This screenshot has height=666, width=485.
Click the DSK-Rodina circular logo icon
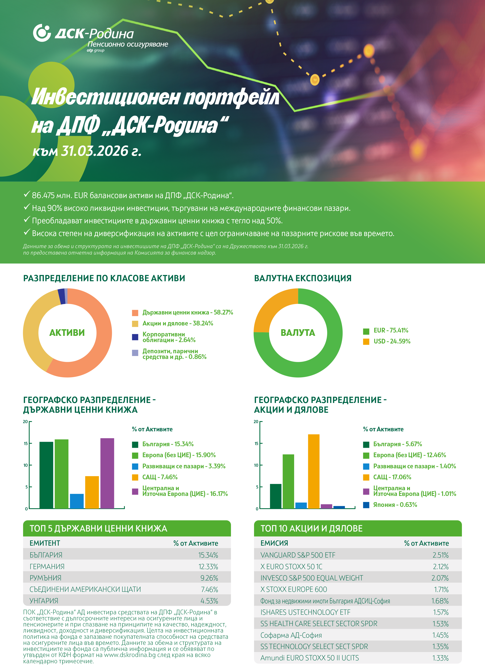(x=42, y=33)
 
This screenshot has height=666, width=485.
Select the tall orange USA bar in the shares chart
(x=313, y=471)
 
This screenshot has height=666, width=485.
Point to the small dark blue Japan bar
(x=339, y=507)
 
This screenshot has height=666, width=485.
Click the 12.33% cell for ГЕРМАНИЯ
(x=208, y=566)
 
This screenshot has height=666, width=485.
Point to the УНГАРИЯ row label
(x=44, y=601)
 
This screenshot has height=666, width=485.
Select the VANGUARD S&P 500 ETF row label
(x=298, y=555)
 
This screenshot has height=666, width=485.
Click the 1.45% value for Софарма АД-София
(x=440, y=635)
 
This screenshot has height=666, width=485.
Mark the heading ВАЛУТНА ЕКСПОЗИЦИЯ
(x=303, y=278)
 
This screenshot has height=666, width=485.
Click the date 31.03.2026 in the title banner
(x=95, y=151)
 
